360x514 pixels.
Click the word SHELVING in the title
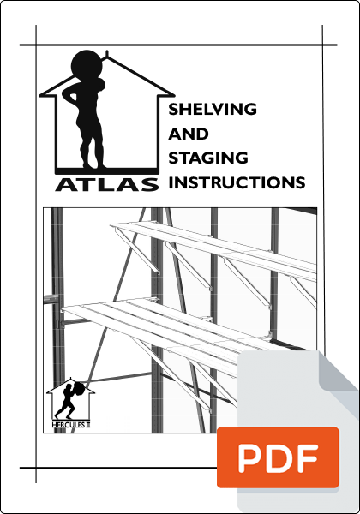[213, 109]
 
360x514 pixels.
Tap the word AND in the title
[189, 134]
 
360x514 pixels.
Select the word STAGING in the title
[208, 158]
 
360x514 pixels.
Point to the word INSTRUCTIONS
[237, 182]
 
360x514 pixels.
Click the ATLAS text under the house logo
[107, 184]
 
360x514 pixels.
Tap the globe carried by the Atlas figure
[87, 66]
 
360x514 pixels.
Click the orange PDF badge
[278, 457]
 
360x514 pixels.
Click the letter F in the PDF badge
[308, 457]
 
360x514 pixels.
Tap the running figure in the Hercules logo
[66, 401]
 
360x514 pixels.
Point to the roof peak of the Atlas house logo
[107, 58]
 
